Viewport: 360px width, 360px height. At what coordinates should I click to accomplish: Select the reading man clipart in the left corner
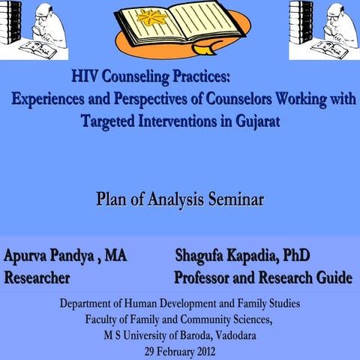34,30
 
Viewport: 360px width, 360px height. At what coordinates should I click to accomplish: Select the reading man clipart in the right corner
324,30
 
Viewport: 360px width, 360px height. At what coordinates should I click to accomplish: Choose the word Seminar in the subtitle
232,201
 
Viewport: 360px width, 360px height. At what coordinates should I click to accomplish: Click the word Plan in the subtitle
112,201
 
